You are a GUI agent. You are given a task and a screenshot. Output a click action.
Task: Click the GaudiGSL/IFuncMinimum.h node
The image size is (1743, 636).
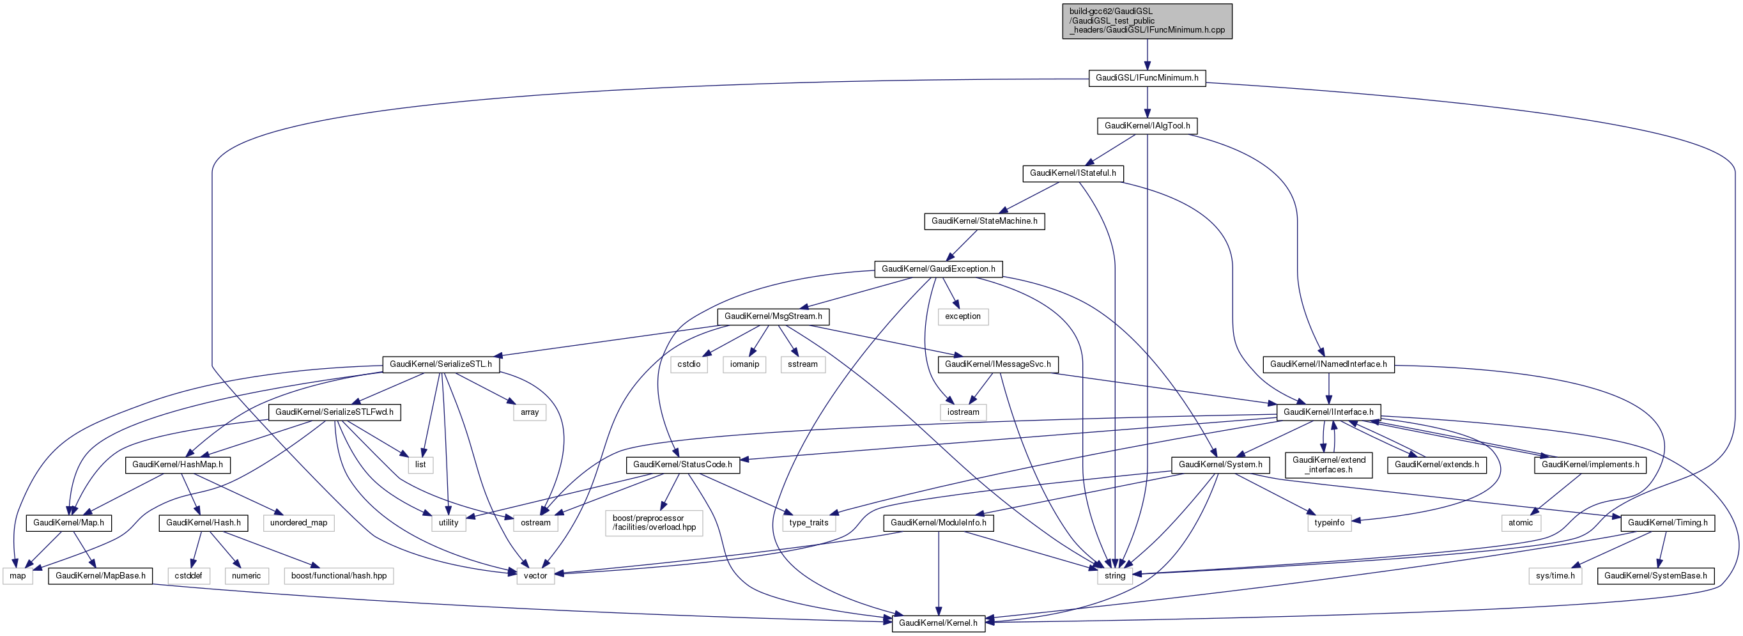coord(1146,78)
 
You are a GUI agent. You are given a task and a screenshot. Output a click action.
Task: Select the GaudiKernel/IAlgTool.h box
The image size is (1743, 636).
coord(1147,126)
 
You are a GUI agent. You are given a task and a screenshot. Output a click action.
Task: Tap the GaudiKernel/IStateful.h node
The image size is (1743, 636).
coord(1073,173)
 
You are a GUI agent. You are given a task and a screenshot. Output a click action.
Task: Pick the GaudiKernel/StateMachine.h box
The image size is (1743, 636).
coord(984,221)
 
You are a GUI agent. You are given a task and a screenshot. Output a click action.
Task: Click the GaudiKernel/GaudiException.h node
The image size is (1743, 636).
coord(938,269)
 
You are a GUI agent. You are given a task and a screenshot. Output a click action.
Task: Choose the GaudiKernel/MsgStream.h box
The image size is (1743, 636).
coord(772,316)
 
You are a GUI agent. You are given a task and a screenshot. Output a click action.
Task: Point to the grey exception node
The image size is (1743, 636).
coord(962,316)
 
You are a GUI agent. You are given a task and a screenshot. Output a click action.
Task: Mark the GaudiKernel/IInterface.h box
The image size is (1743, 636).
coord(1328,412)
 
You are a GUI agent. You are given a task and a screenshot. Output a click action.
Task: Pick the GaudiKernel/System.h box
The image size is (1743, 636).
coord(1219,465)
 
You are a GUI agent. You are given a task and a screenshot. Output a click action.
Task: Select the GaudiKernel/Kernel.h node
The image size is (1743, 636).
coord(938,623)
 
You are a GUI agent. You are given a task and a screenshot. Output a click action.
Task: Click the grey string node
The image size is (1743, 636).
coord(1114,576)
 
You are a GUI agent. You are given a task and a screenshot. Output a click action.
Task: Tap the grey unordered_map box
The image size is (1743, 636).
coord(298,523)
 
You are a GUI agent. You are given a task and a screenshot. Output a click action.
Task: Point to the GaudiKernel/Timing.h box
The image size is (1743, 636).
coord(1667,523)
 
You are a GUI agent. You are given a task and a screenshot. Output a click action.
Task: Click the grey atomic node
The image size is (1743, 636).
coord(1520,523)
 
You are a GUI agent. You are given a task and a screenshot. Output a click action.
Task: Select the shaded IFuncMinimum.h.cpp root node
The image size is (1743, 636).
coord(1146,21)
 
